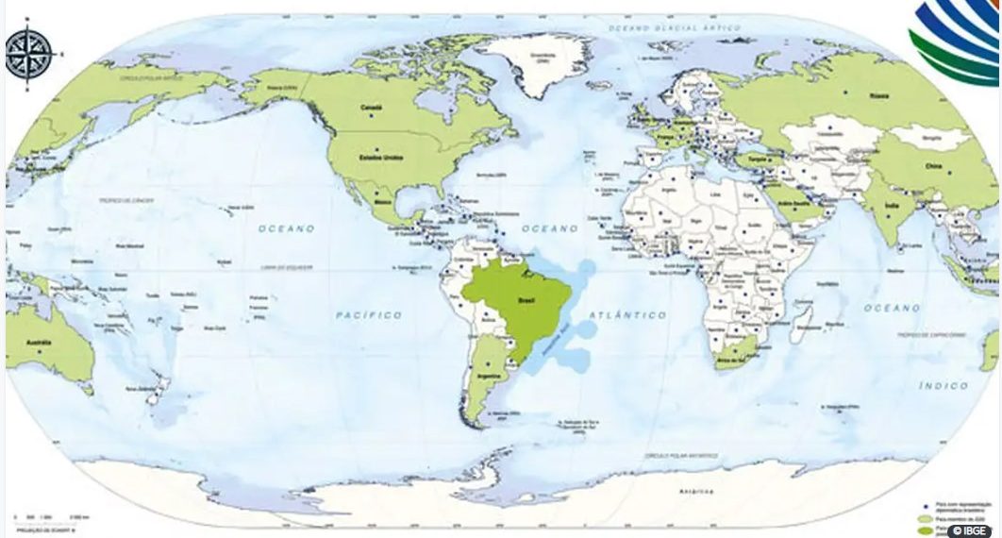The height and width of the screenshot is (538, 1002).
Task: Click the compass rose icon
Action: (x=28, y=54)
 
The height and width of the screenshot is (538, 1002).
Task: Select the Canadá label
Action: (x=371, y=108)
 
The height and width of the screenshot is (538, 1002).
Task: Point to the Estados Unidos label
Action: (x=382, y=157)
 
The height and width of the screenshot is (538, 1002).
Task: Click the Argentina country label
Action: (x=489, y=376)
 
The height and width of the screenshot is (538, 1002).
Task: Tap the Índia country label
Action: (x=891, y=204)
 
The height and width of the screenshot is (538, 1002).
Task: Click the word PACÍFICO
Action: (x=369, y=314)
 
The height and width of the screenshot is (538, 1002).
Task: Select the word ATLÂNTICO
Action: (x=627, y=314)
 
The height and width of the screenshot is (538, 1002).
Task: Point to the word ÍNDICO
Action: (x=944, y=385)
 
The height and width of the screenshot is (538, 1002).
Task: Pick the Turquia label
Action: (x=783, y=160)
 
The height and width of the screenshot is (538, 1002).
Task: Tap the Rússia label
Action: (x=879, y=95)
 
